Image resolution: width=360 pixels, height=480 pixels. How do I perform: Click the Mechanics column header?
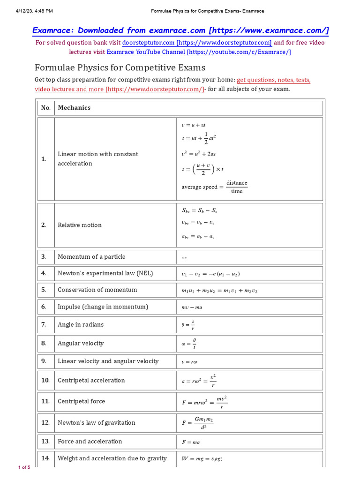pos(74,108)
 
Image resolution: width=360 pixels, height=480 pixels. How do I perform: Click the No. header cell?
pos(45,108)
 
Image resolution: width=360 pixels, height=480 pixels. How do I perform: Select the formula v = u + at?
pos(194,125)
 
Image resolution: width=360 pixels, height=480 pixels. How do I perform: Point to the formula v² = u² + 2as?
pos(198,153)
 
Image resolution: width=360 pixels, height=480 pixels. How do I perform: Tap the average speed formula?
pos(215,187)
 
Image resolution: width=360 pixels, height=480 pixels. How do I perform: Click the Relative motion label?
pos(80,225)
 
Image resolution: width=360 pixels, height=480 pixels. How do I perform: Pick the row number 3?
pos(44,257)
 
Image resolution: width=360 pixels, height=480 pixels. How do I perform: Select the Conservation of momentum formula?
pos(219,291)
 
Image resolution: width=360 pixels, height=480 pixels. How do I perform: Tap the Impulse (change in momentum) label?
pos(103,307)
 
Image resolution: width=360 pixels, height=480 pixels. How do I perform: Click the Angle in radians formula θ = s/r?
pos(188,324)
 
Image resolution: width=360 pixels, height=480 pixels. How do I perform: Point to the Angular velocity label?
pos(81,343)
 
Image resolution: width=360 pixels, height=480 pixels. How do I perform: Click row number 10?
pos(45,380)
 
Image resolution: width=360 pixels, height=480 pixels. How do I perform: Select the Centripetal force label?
pos(81,401)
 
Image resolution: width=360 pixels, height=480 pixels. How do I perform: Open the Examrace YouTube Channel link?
pos(199,52)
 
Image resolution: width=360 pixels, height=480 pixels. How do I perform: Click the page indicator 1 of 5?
pos(24,467)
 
